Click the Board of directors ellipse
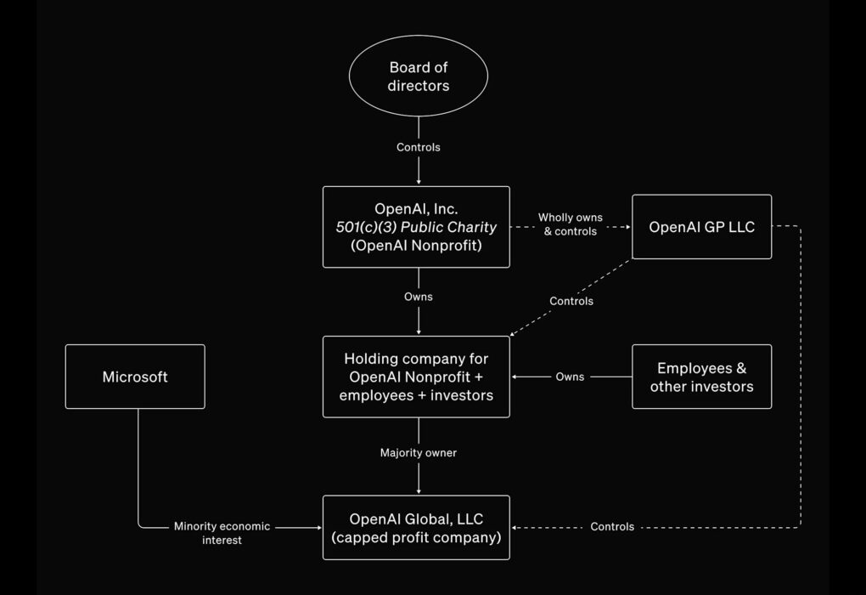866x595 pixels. [x=418, y=76]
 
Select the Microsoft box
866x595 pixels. [x=135, y=377]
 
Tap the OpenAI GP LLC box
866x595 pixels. [x=701, y=227]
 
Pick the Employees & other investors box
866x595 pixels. [x=701, y=377]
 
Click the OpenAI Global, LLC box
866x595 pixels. [x=416, y=527]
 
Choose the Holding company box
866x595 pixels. [x=416, y=377]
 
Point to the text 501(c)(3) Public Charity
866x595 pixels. [x=416, y=227]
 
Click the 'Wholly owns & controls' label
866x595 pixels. [x=571, y=224]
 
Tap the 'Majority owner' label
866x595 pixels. [x=418, y=453]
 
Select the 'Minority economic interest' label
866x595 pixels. [x=222, y=533]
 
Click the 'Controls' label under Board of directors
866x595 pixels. [x=418, y=147]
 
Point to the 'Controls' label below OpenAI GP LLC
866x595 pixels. [x=571, y=301]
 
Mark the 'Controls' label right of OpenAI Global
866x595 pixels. [x=612, y=527]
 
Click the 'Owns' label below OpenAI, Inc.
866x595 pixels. [x=418, y=297]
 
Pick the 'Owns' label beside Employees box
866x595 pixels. [x=570, y=377]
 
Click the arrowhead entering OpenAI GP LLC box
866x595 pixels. [x=628, y=227]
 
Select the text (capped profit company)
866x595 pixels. [x=416, y=537]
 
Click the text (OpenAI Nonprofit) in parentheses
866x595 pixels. [x=416, y=246]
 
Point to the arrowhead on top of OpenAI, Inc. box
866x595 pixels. [x=418, y=182]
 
